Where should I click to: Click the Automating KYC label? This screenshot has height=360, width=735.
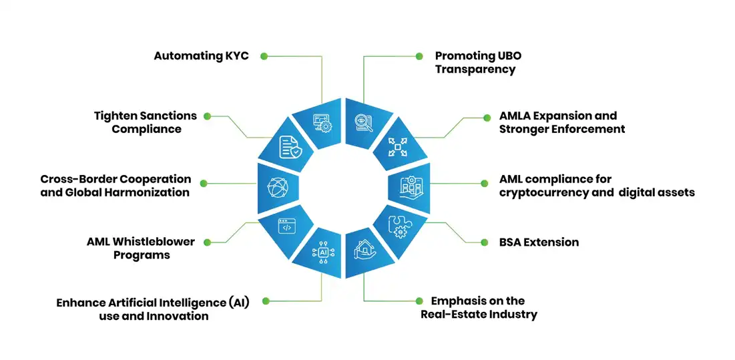point(201,55)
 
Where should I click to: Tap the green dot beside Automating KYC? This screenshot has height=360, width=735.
point(264,55)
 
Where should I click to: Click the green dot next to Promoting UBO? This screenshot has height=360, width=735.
point(419,56)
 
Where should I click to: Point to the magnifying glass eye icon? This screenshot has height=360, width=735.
point(364,122)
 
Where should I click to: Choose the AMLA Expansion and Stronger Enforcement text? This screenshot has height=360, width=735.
point(561,122)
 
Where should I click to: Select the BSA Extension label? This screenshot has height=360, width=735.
point(539,242)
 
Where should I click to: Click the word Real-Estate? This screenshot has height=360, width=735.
point(449,314)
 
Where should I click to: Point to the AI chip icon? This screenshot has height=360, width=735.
point(324,252)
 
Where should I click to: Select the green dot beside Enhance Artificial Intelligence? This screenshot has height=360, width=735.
point(265,301)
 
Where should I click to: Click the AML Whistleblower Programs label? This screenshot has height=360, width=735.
point(141,248)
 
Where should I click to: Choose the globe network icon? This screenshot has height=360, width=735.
point(276,186)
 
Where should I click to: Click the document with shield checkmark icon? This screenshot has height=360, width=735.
point(289,146)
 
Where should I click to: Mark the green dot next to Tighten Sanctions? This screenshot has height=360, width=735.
point(207,116)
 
